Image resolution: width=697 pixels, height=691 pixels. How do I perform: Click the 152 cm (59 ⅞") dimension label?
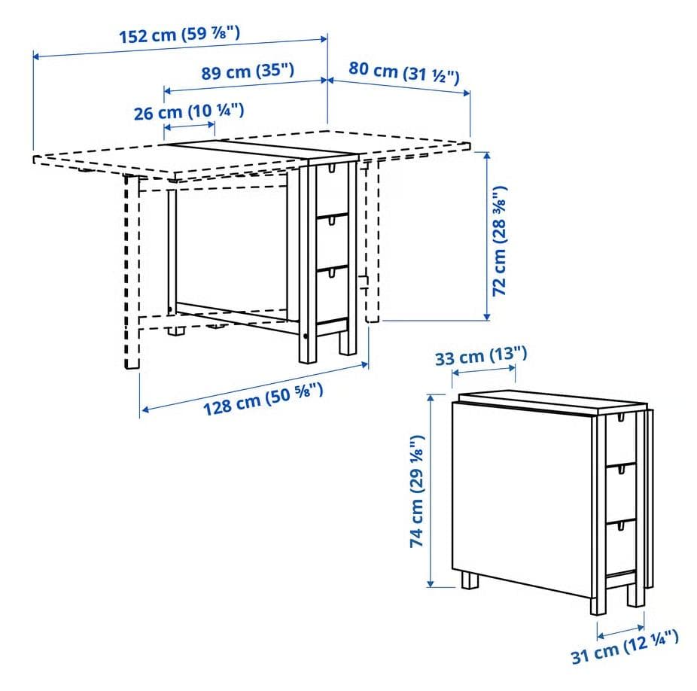(x=179, y=35)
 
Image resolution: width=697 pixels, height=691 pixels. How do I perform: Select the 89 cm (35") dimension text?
(x=248, y=72)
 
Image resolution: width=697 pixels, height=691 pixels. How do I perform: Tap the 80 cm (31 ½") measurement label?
(x=404, y=73)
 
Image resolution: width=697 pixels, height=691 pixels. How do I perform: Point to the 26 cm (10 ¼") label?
(x=189, y=112)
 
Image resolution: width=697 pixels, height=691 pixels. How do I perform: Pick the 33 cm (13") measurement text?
(x=482, y=356)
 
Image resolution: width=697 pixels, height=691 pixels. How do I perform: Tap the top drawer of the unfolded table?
(x=331, y=189)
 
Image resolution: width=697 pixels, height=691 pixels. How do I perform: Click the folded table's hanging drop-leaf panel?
(x=519, y=497)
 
